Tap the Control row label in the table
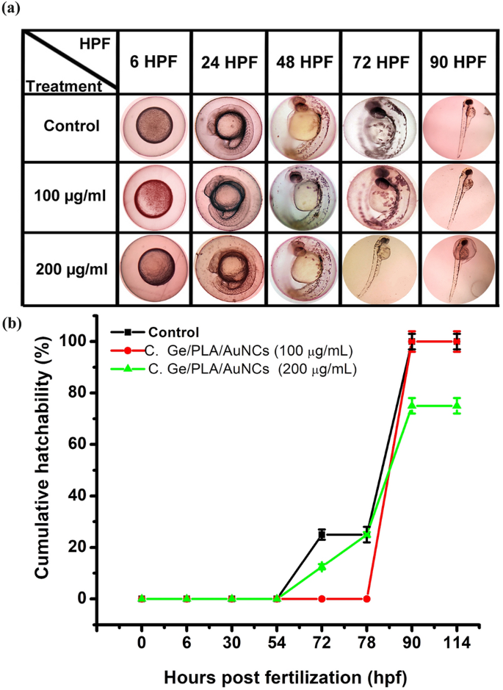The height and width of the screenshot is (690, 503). (x=70, y=126)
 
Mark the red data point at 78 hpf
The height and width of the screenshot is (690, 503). (x=367, y=599)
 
